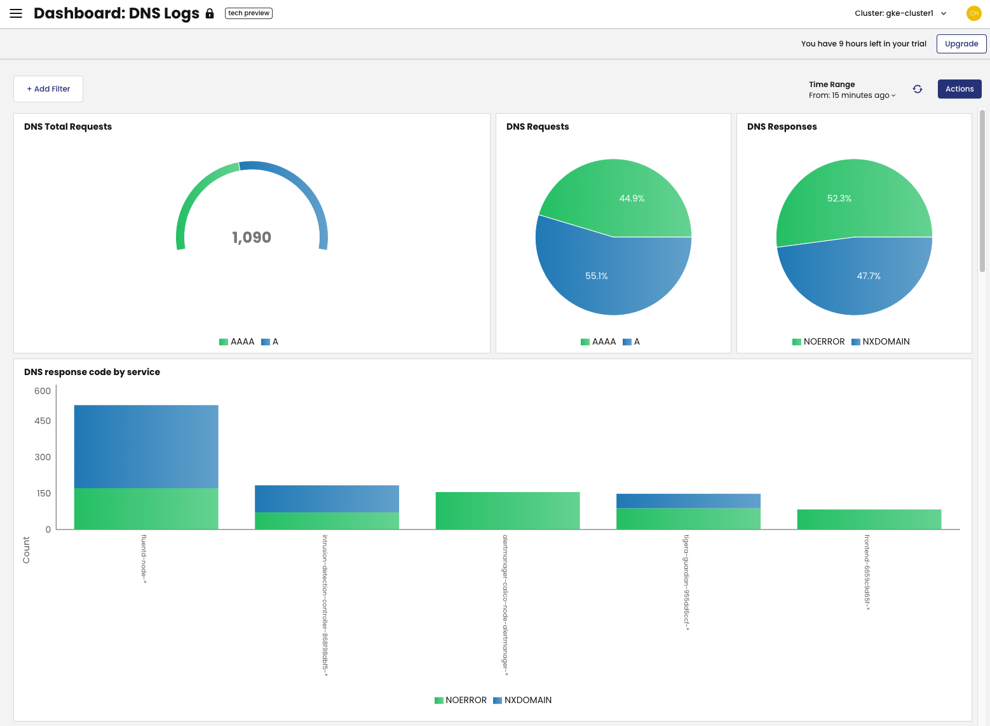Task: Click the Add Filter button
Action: pyautogui.click(x=48, y=89)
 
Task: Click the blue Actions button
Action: pyautogui.click(x=959, y=89)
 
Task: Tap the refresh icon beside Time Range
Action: pyautogui.click(x=917, y=89)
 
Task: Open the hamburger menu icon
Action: pyautogui.click(x=16, y=13)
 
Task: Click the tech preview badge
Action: pyautogui.click(x=248, y=13)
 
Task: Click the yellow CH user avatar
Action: pyautogui.click(x=973, y=13)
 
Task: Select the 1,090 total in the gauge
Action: pyautogui.click(x=252, y=238)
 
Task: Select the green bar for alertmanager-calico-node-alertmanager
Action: pyautogui.click(x=507, y=510)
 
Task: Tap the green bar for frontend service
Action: pyautogui.click(x=869, y=519)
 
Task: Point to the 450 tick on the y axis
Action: pyautogui.click(x=43, y=421)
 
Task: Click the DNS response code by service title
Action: pyautogui.click(x=92, y=372)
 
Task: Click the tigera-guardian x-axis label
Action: pyautogui.click(x=686, y=582)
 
